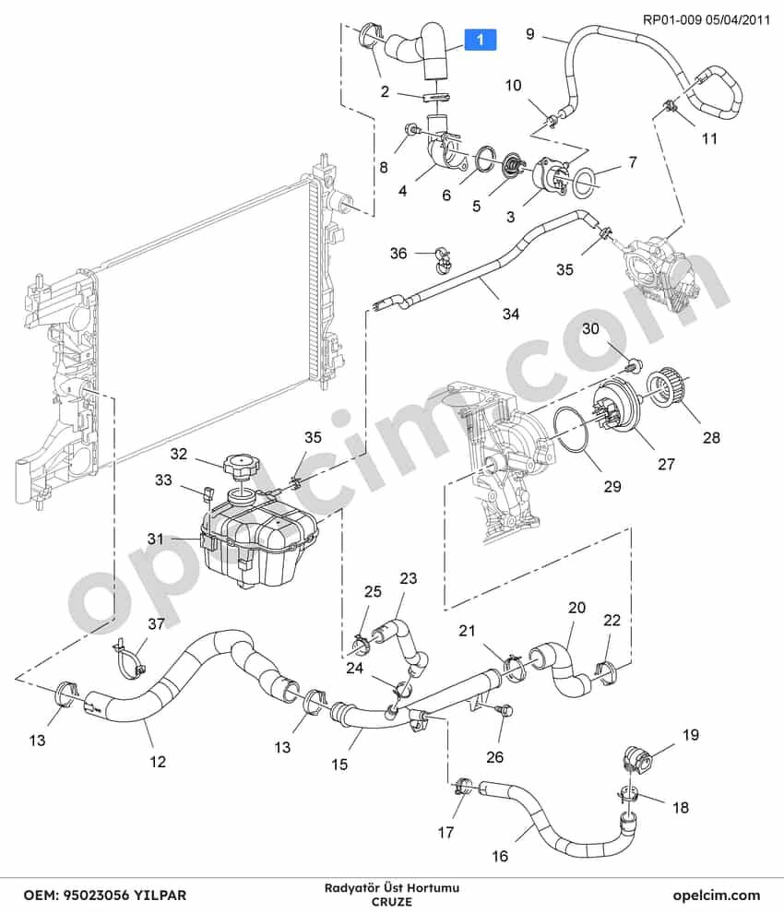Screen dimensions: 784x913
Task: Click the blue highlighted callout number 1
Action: click(x=480, y=40)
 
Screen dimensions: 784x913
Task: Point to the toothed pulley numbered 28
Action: click(x=669, y=386)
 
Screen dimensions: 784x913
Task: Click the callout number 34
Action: click(x=511, y=314)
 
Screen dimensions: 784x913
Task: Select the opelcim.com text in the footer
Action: click(x=717, y=895)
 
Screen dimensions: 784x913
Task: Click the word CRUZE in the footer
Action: click(x=392, y=902)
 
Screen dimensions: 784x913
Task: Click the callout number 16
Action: click(x=500, y=856)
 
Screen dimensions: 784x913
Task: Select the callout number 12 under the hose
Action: click(x=158, y=762)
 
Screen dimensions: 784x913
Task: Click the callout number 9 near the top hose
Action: click(x=529, y=34)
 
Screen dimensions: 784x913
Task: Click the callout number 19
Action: click(x=690, y=735)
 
